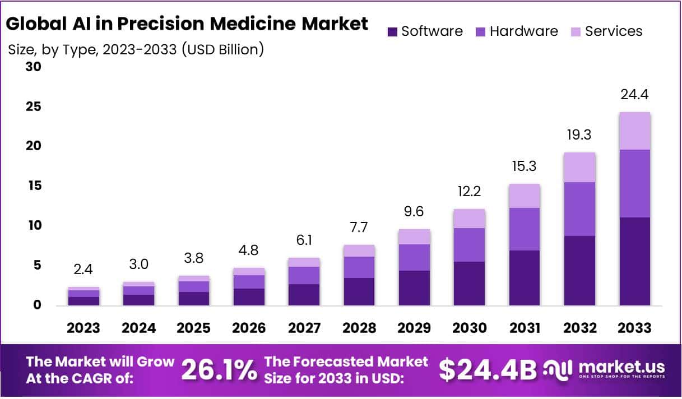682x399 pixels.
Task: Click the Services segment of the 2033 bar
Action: (634, 131)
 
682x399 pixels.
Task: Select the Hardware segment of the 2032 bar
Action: (579, 209)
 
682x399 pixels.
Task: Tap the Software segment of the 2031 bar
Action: (525, 277)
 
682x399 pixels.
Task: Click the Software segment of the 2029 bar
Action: (414, 287)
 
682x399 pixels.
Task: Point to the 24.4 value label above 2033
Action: (634, 94)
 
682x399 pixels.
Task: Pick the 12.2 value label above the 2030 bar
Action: (469, 191)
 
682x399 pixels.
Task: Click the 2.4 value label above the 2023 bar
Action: (84, 270)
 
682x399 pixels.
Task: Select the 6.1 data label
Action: (304, 239)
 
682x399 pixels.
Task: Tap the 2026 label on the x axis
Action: (249, 328)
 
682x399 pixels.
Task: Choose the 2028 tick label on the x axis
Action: (359, 328)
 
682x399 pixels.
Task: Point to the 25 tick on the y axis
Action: (34, 106)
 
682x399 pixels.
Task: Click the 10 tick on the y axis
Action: (34, 225)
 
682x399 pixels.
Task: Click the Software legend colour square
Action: (392, 31)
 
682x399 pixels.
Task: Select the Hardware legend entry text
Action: (523, 31)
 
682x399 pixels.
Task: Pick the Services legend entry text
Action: (614, 31)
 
